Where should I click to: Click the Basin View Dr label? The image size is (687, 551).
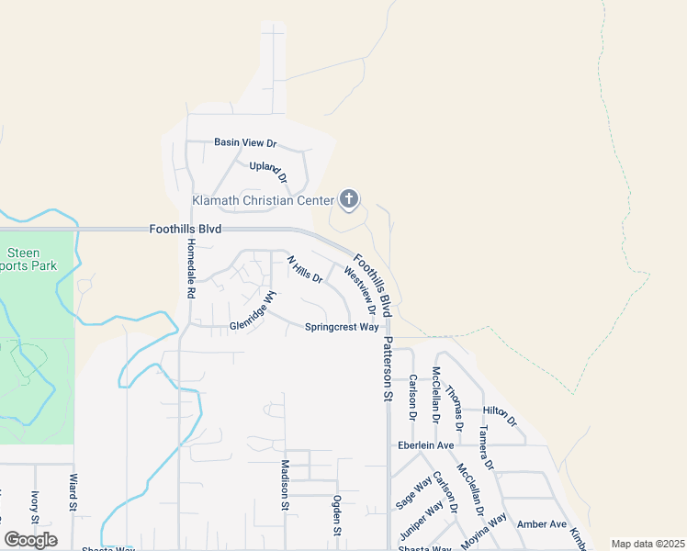(245, 142)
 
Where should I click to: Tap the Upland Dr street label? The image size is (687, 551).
(268, 172)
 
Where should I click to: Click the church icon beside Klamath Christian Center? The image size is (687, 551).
(349, 198)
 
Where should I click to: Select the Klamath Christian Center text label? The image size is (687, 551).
(263, 200)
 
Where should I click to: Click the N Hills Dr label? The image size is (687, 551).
(306, 269)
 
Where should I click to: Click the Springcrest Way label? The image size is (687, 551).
(342, 327)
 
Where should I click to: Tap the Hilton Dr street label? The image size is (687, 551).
(500, 415)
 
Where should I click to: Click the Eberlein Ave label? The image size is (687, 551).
(426, 445)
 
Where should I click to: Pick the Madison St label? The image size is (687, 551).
(285, 485)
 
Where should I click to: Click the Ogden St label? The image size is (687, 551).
(337, 516)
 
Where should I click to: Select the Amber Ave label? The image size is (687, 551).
(542, 523)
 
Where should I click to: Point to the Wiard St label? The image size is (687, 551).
(73, 492)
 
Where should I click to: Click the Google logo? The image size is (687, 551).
(30, 540)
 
